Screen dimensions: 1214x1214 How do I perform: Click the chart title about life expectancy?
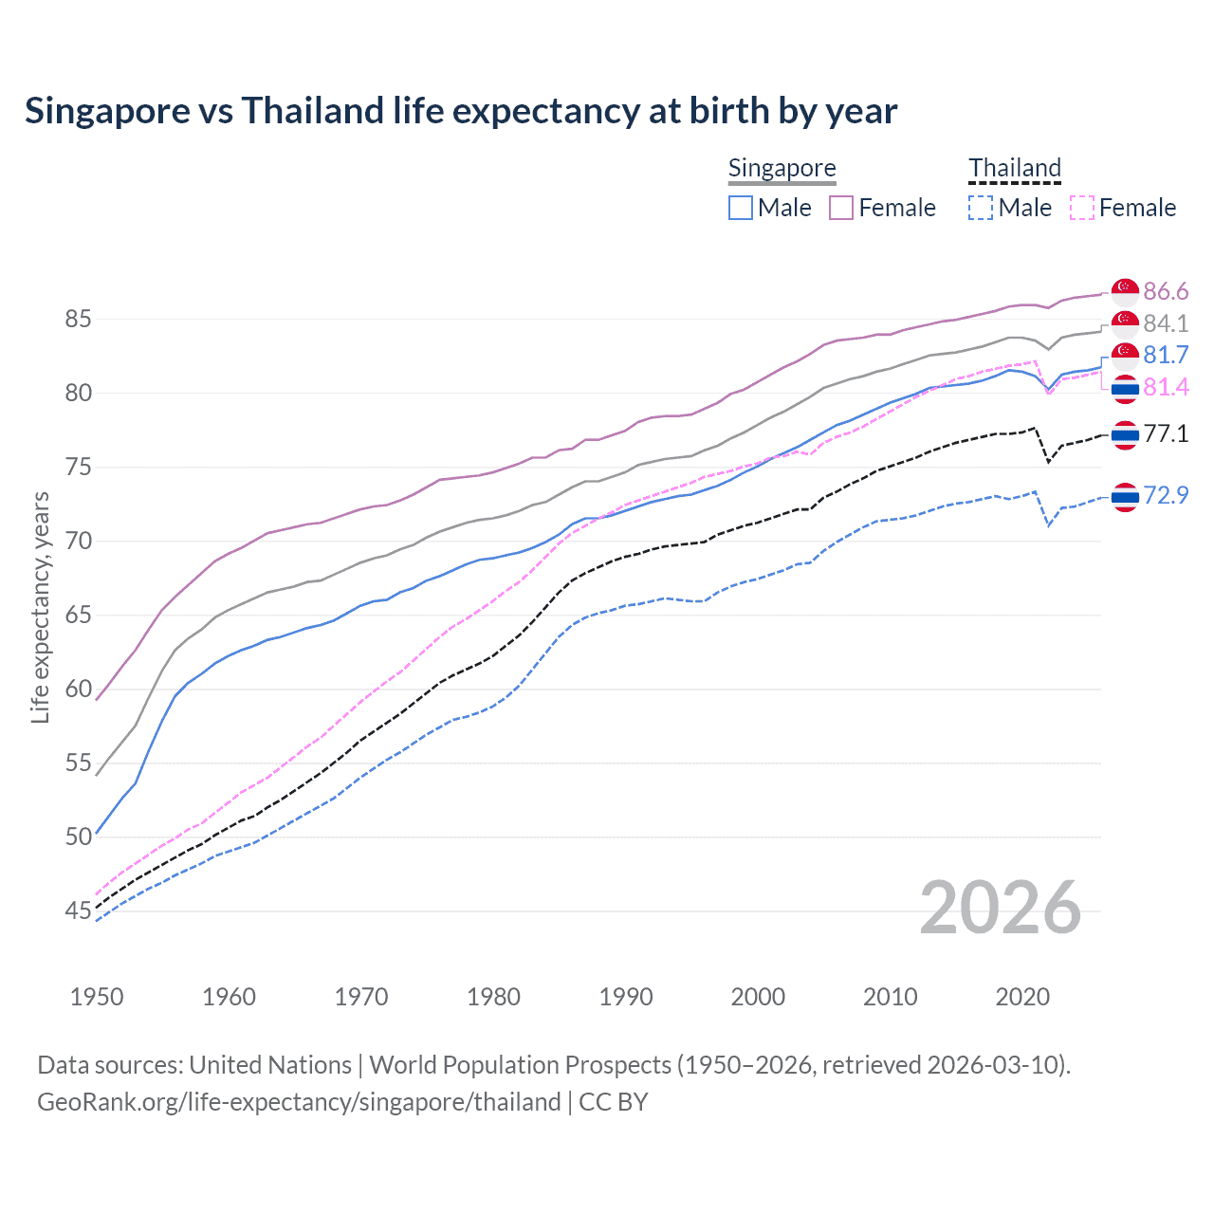(x=461, y=111)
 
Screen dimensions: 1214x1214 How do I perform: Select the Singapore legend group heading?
(x=782, y=168)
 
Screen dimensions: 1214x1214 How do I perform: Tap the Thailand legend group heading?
(x=1014, y=168)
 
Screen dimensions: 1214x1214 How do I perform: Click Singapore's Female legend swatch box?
(x=841, y=208)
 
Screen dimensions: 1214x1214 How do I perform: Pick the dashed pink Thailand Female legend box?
(x=1082, y=208)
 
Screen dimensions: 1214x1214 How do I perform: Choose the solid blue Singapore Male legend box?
(x=741, y=208)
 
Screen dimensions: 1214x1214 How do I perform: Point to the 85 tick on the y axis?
(x=78, y=319)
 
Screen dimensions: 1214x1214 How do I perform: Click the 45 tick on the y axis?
(x=78, y=911)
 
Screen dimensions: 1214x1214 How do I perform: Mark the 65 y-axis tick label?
(x=78, y=615)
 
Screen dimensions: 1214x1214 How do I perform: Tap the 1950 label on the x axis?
(x=97, y=997)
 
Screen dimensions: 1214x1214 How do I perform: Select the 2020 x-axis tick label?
(x=1022, y=997)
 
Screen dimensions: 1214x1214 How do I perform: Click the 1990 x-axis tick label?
(x=626, y=997)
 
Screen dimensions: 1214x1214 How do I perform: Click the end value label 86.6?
(x=1166, y=291)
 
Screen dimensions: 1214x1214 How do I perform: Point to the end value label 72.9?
(x=1166, y=495)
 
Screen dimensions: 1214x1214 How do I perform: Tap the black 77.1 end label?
(x=1166, y=434)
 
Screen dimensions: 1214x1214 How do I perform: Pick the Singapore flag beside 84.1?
(x=1125, y=323)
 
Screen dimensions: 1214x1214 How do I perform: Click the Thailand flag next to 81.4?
(x=1125, y=388)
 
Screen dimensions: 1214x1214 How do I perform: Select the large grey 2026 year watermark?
(x=1001, y=908)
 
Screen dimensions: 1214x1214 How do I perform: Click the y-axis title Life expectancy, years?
(x=40, y=607)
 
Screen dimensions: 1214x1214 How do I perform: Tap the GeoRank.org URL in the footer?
(x=299, y=1102)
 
